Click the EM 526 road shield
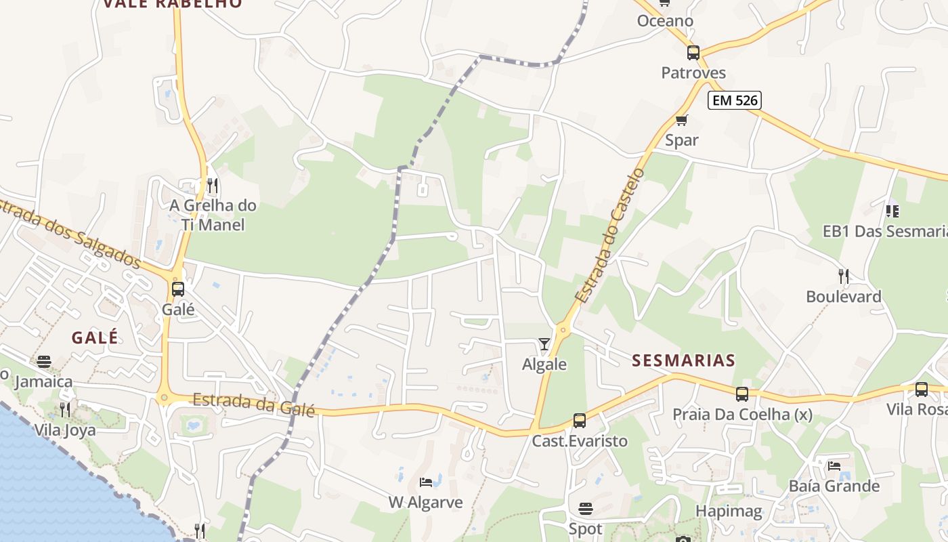coord(735,100)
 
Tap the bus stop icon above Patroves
coord(693,53)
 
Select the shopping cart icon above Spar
coord(681,121)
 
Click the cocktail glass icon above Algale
coord(544,344)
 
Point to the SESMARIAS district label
coord(683,360)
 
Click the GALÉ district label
coord(95,337)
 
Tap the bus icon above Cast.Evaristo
coord(579,421)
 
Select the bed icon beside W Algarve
coord(426,482)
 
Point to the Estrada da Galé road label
coord(254,404)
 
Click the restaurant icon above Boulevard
coord(843,276)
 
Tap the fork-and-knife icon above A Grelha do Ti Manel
coord(213,185)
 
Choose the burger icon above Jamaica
coord(44,362)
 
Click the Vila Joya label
coord(65,430)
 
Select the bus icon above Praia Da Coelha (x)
coord(741,394)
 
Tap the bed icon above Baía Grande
coord(834,466)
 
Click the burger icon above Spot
coord(586,509)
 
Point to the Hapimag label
coord(729,511)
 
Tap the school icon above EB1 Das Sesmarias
coord(892,211)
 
